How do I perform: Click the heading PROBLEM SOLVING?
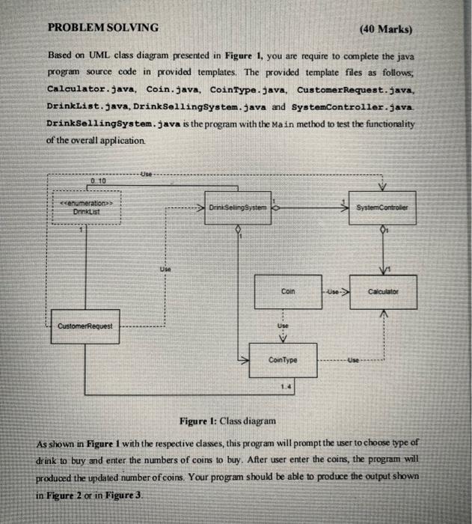coord(103,28)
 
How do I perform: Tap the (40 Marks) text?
coord(386,30)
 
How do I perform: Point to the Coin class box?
coord(288,293)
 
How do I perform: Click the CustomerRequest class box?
coord(84,326)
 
